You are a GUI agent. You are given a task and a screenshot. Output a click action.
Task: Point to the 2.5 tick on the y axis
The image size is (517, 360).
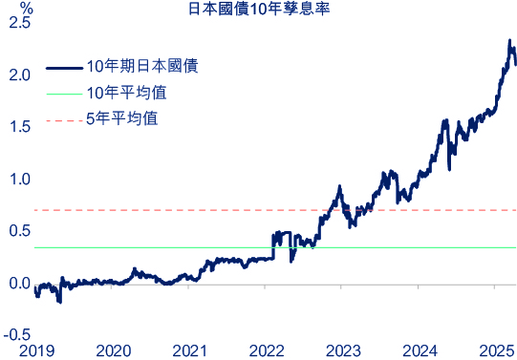click(x=17, y=23)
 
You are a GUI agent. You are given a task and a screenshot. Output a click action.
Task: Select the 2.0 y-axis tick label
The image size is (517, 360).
click(x=17, y=74)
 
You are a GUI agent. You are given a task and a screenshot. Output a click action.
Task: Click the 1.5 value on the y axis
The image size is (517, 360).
click(x=17, y=127)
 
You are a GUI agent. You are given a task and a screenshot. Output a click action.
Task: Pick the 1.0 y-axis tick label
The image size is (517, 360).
click(x=17, y=180)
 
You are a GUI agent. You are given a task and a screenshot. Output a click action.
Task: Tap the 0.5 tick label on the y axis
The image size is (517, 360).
click(x=17, y=231)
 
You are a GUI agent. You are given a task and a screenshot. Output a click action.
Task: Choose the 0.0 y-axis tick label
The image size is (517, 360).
click(x=17, y=284)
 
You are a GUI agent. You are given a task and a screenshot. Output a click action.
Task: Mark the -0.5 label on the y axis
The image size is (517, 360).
click(x=15, y=335)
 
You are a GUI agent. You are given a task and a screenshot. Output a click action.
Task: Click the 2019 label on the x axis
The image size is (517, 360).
click(x=36, y=349)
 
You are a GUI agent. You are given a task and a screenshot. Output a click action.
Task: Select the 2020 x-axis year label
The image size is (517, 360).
click(x=114, y=349)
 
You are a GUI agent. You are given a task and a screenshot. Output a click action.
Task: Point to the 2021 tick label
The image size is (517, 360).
click(x=191, y=349)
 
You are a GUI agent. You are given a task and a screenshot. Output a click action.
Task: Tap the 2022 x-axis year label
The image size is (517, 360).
click(x=269, y=349)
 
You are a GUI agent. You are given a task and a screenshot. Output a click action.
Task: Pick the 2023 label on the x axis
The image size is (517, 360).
click(x=346, y=349)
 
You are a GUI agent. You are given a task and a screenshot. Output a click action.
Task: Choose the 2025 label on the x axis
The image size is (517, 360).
click(x=495, y=349)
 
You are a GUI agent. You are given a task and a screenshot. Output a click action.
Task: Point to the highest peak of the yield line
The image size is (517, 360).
click(x=509, y=41)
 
